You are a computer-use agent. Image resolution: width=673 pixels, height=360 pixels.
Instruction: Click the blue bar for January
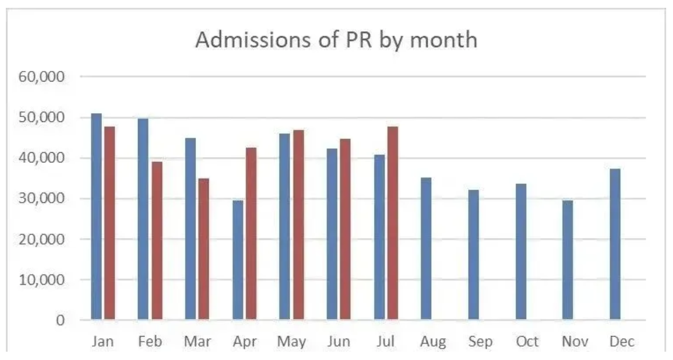96,217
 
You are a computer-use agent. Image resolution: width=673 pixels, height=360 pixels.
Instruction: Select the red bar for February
157,241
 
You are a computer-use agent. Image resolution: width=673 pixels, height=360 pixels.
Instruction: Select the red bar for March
203,249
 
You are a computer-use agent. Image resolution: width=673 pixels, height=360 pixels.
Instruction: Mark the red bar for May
298,225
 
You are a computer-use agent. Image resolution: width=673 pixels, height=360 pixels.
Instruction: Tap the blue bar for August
426,249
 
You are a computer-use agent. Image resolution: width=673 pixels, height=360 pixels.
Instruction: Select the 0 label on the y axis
59,320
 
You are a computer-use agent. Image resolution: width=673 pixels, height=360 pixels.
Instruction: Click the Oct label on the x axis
527,341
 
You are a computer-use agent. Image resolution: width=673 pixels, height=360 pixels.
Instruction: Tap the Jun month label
338,341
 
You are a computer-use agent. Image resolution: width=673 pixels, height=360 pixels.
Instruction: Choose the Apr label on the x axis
244,341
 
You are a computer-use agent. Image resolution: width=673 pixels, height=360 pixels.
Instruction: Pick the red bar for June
345,229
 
